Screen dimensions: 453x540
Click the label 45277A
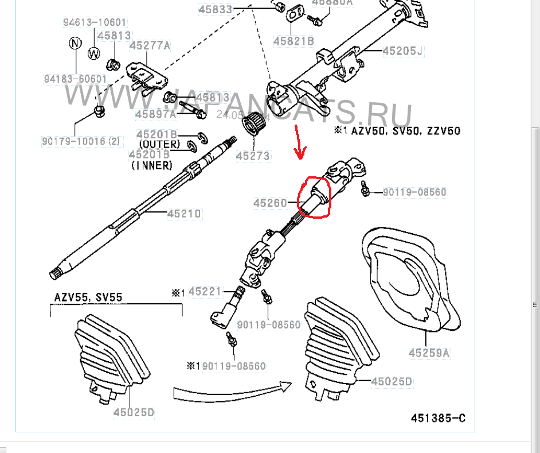pyautogui.click(x=150, y=45)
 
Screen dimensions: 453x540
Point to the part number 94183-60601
pyautogui.click(x=75, y=79)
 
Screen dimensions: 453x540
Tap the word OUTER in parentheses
pyautogui.click(x=159, y=144)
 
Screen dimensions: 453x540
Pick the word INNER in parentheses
pyautogui.click(x=151, y=165)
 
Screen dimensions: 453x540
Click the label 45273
pyautogui.click(x=253, y=156)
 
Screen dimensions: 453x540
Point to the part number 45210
pyautogui.click(x=184, y=214)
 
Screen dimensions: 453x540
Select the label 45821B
pyautogui.click(x=293, y=41)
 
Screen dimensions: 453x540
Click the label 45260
pyautogui.click(x=270, y=202)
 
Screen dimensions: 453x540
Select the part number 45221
pyautogui.click(x=204, y=292)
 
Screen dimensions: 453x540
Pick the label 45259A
pyautogui.click(x=429, y=353)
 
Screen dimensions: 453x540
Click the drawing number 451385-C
pyautogui.click(x=437, y=417)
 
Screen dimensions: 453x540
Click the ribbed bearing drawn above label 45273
pyautogui.click(x=253, y=124)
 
